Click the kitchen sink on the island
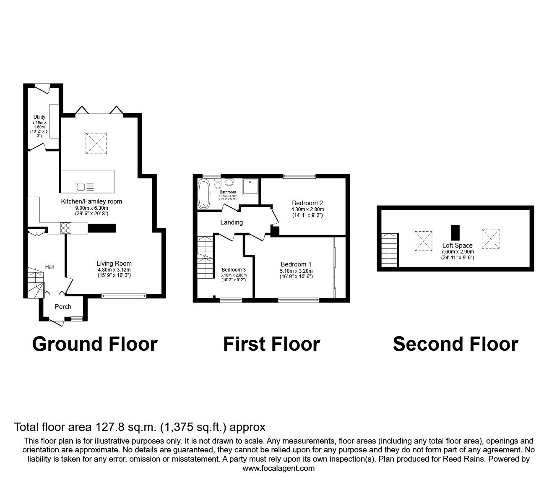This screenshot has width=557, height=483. pos(86,186)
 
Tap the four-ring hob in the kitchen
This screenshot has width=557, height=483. pos(66,228)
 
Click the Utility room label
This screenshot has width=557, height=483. pos(39,117)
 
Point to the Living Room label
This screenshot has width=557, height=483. pos(114,264)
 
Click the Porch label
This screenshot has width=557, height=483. pos(63,307)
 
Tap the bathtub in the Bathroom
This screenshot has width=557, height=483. pos(204,194)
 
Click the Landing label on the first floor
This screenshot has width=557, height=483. pos(232,222)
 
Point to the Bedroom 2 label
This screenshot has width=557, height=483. pos(307,203)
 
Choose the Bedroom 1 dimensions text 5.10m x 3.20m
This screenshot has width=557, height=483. pos(296,271)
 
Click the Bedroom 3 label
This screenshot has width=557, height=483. pos(234,269)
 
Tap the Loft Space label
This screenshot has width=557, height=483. pos(457,245)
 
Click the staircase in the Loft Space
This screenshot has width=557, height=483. pos(390,250)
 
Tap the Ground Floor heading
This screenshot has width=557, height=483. pos(94,344)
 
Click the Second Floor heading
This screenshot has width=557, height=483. pos(455,344)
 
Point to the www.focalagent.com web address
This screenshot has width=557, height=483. pos(278,468)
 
